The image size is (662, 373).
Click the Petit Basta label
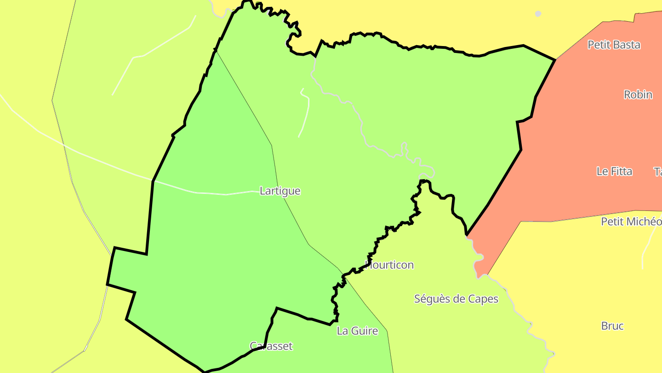[x=614, y=45]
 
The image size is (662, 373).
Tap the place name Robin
[x=638, y=94]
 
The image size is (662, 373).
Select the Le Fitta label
[x=614, y=171]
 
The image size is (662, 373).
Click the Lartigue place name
[x=280, y=191]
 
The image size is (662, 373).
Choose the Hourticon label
[x=389, y=265]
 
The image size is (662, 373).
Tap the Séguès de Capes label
[x=456, y=299]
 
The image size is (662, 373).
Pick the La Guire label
[x=357, y=331]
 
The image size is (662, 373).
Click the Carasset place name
[x=271, y=346]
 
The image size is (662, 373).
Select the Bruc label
[x=612, y=326]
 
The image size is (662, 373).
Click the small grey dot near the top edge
[x=538, y=14]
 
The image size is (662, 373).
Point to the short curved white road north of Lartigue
[x=305, y=113]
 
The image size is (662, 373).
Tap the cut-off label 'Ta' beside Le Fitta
[x=657, y=171]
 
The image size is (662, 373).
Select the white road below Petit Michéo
[x=646, y=249]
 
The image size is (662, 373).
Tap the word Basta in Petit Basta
[x=626, y=45]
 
